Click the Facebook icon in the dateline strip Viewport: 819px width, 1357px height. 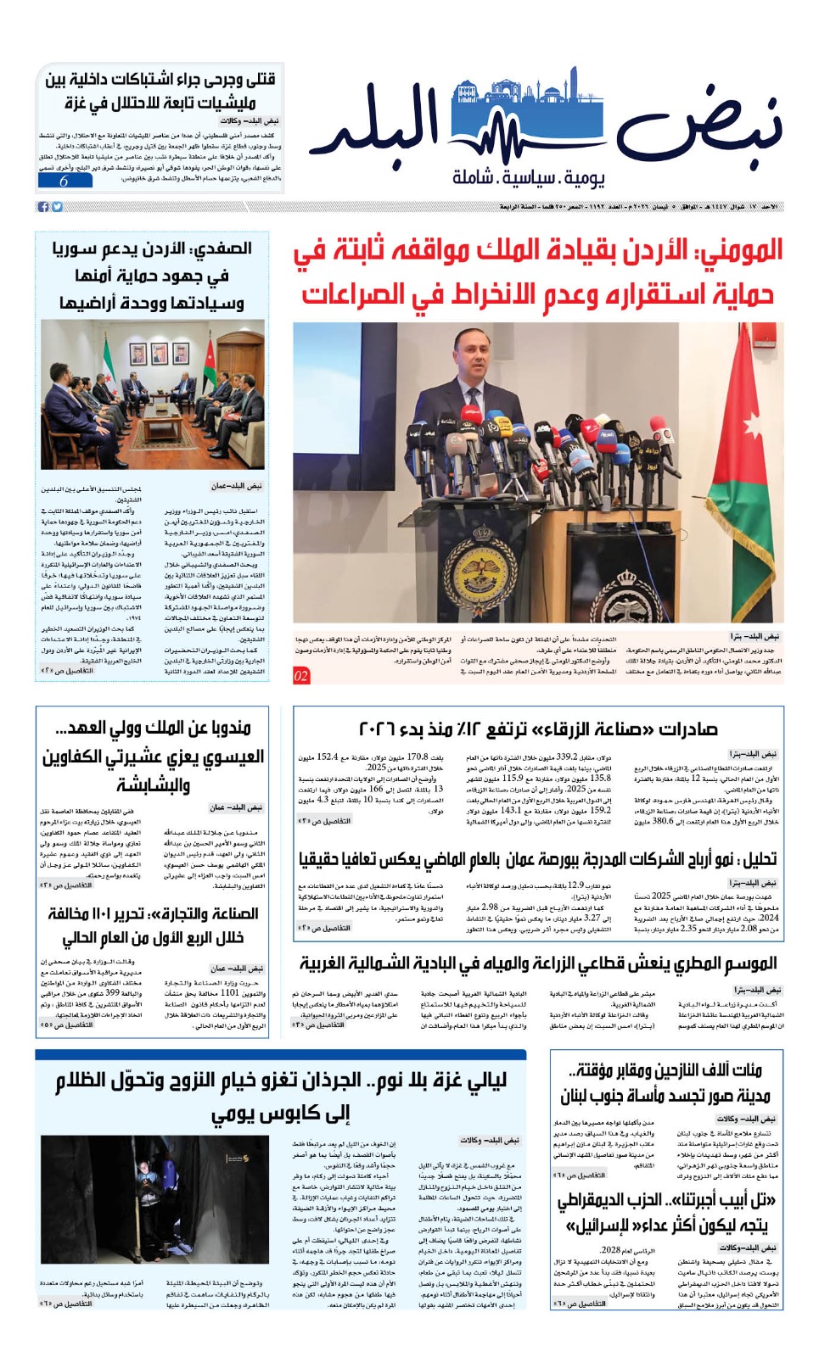point(43,207)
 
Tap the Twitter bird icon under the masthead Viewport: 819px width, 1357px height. point(57,207)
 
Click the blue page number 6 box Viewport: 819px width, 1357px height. point(64,181)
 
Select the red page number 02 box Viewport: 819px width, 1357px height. point(301,676)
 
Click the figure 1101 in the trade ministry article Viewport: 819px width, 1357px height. point(230,992)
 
